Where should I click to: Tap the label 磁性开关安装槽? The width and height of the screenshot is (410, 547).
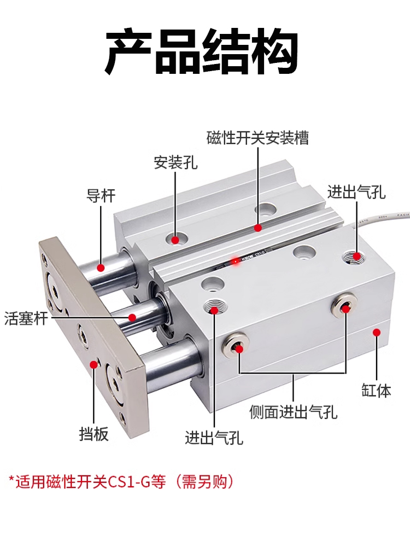[x=257, y=137]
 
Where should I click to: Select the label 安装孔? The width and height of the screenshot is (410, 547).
[x=175, y=162]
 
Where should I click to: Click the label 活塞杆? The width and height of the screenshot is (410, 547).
[x=26, y=317]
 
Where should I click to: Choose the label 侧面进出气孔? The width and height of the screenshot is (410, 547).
[x=293, y=411]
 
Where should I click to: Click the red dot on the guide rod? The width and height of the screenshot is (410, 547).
[x=101, y=267]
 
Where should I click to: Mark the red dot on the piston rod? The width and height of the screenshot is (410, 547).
[x=132, y=317]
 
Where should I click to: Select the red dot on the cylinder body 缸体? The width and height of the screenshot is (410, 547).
[x=377, y=332]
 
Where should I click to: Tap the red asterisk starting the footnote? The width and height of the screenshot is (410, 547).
[x=11, y=481]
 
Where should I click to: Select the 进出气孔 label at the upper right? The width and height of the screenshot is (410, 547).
[x=356, y=192]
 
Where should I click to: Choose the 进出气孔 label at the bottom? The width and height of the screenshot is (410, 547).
[x=214, y=438]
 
